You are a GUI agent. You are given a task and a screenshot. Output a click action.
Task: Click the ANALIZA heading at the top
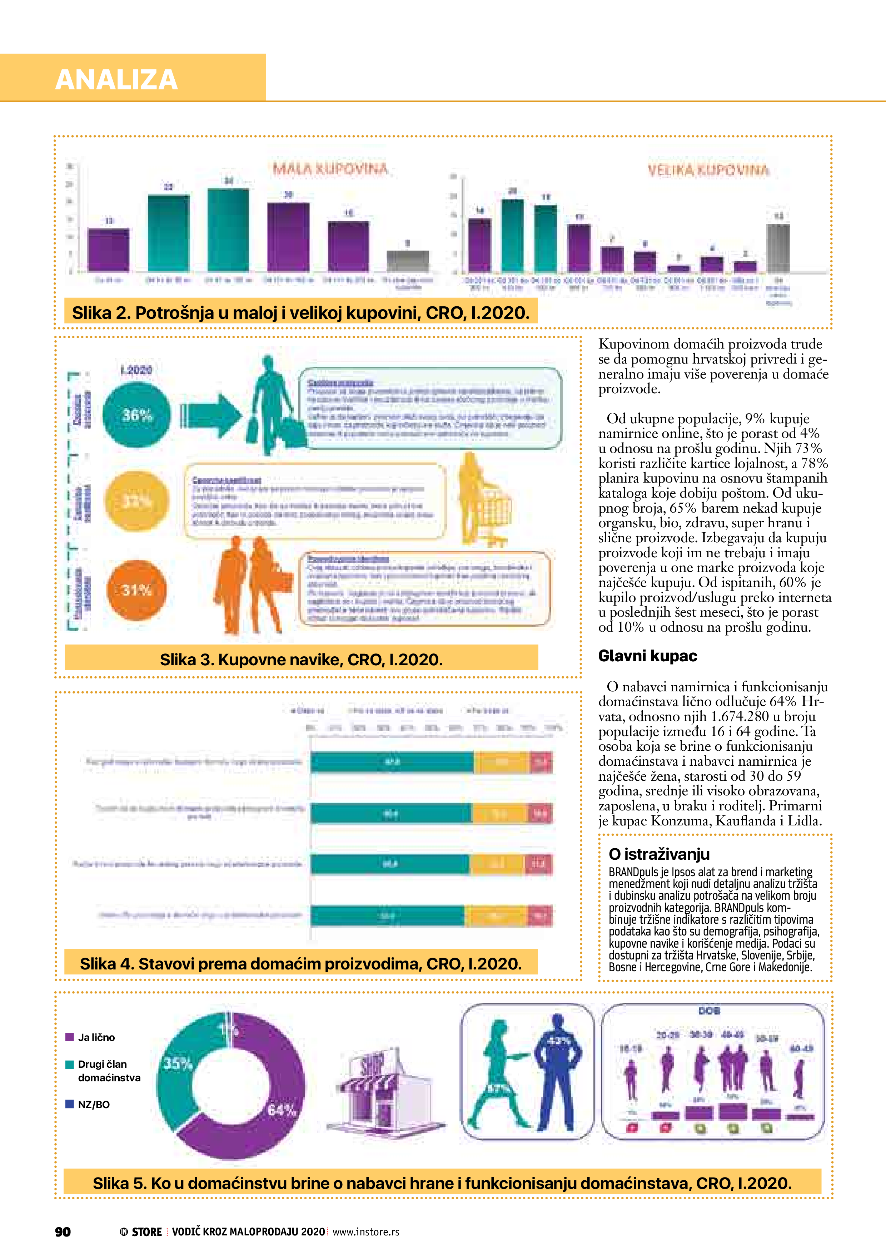(116, 80)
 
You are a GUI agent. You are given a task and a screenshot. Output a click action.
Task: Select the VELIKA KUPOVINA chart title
(708, 171)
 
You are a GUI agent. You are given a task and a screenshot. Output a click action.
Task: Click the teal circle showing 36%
(136, 415)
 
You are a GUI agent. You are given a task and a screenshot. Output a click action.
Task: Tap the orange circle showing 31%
(136, 590)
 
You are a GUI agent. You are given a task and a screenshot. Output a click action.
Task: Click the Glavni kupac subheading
(647, 656)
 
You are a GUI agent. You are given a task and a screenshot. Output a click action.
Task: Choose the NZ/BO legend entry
(93, 1104)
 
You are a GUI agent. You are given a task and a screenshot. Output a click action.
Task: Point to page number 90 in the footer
(63, 1231)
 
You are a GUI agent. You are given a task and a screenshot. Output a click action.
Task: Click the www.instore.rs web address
(366, 1231)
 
